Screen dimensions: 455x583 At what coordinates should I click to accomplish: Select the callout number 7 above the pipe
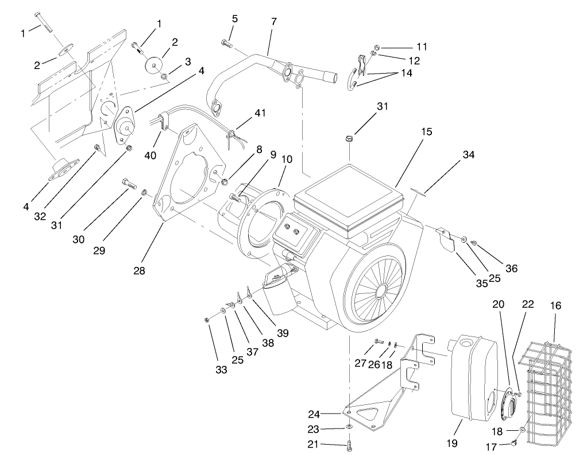pos(273,21)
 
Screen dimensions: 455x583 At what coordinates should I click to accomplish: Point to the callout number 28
pos(138,269)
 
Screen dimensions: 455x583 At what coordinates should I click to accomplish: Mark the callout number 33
pos(222,370)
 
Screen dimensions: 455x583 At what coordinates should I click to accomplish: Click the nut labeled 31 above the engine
pos(349,138)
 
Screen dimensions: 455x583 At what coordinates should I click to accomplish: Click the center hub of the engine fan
pos(379,293)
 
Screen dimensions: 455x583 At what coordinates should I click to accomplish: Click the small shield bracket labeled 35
pos(445,237)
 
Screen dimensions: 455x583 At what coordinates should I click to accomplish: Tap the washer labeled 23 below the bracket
pos(349,428)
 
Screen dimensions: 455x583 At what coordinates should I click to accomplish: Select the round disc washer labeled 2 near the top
pos(153,66)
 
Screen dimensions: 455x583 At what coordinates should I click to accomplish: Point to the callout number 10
pos(287,159)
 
